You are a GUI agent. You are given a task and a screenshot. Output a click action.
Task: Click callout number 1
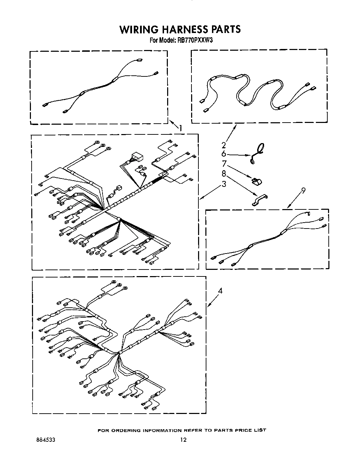pyautogui.click(x=180, y=128)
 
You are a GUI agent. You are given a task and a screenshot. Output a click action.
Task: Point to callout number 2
pyautogui.click(x=224, y=145)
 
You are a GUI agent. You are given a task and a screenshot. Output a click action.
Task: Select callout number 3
pyautogui.click(x=224, y=184)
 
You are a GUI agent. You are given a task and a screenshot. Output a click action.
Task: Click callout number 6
pyautogui.click(x=224, y=154)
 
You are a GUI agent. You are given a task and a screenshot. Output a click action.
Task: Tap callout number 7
pyautogui.click(x=224, y=163)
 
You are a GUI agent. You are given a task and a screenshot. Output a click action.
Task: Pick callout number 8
pyautogui.click(x=224, y=173)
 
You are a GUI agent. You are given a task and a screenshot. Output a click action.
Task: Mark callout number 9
pyautogui.click(x=303, y=190)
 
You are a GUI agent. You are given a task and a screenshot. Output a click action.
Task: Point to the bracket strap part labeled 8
pyautogui.click(x=260, y=201)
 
